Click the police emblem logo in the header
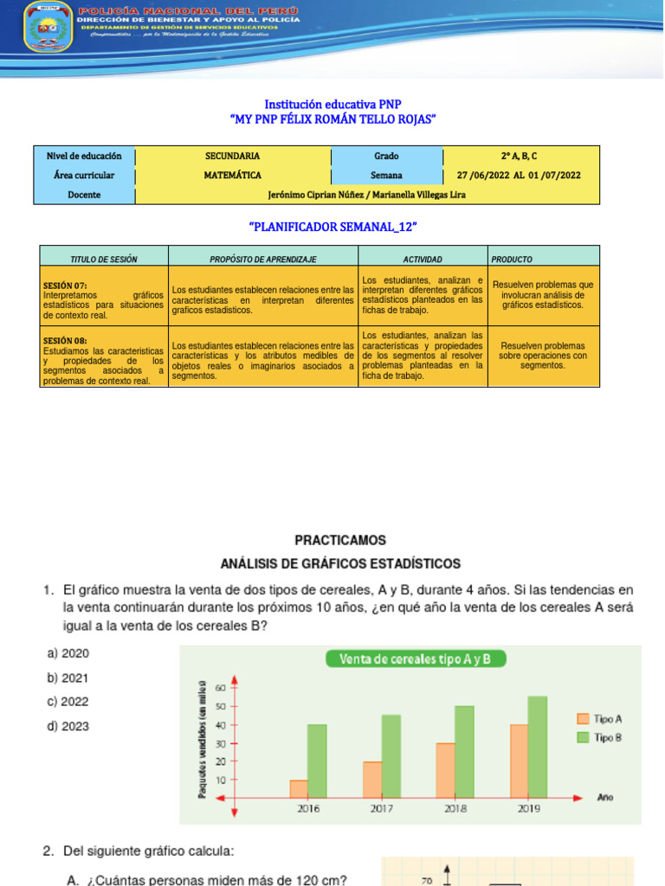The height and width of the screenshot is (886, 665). (44, 27)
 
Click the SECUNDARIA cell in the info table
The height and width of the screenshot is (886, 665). (232, 156)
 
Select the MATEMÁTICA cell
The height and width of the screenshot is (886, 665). (232, 175)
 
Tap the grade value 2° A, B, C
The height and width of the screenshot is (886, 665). (519, 156)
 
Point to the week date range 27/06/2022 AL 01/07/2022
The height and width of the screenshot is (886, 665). (519, 175)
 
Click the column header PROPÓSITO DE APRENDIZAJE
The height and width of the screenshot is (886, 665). (263, 259)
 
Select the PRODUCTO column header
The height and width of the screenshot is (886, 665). (512, 259)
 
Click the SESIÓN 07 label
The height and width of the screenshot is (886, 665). (65, 285)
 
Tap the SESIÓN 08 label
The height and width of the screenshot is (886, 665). (65, 341)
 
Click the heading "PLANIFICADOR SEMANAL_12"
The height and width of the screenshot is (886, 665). (333, 226)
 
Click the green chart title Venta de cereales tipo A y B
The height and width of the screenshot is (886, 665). (416, 659)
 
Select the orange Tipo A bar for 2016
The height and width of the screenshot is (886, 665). (298, 788)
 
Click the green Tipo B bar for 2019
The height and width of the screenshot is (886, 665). (538, 747)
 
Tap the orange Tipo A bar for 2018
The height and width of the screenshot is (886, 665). (445, 770)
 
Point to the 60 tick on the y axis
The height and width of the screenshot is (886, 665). (220, 688)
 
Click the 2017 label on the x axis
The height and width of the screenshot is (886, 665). (382, 809)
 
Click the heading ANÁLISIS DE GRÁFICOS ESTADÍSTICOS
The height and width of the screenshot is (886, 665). (340, 563)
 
